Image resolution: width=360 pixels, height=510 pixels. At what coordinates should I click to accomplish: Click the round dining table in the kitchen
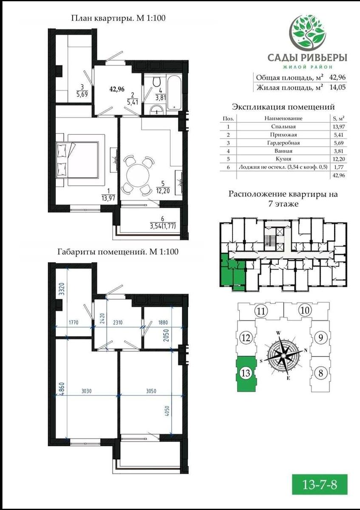(x=138, y=175)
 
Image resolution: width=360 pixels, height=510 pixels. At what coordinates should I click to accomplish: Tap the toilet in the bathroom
(x=157, y=82)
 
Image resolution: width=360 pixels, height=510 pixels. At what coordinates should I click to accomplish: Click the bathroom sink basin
(x=157, y=110)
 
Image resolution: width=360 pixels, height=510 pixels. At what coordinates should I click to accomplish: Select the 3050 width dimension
(x=151, y=391)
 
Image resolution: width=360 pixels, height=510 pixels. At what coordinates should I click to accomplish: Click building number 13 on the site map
(x=246, y=373)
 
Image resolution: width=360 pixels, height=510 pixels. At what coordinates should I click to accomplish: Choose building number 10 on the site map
(x=305, y=311)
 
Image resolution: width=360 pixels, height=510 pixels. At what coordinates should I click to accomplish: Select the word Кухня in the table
(x=283, y=159)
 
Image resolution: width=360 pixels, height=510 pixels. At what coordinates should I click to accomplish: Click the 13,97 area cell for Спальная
(x=339, y=127)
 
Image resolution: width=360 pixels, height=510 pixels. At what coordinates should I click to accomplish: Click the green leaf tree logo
(x=307, y=32)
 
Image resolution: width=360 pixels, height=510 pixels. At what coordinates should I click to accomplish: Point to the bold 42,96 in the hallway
(x=117, y=89)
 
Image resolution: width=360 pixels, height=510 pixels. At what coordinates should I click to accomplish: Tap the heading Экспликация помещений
(x=283, y=107)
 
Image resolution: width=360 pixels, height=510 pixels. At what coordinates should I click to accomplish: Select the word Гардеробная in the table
(x=283, y=143)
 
